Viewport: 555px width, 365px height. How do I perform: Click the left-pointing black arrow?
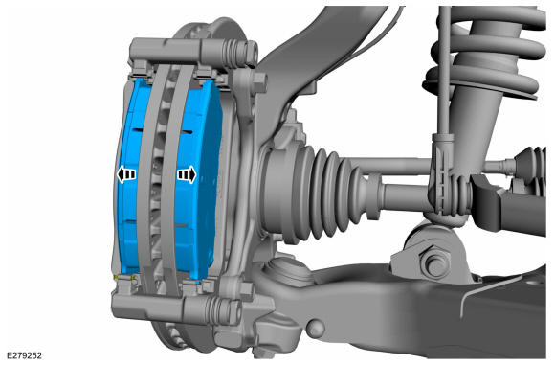[x=125, y=174]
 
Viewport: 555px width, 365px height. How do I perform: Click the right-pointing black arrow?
[x=187, y=174]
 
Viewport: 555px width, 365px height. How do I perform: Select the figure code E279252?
[x=24, y=355]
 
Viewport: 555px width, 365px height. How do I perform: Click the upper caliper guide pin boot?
[x=233, y=53]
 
